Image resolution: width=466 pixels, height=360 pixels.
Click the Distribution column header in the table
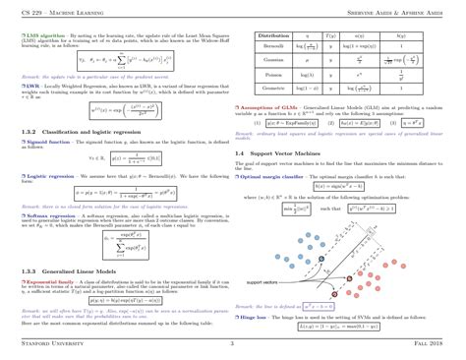[x=273, y=34]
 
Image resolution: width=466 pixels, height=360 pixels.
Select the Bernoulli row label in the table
[x=273, y=46]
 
